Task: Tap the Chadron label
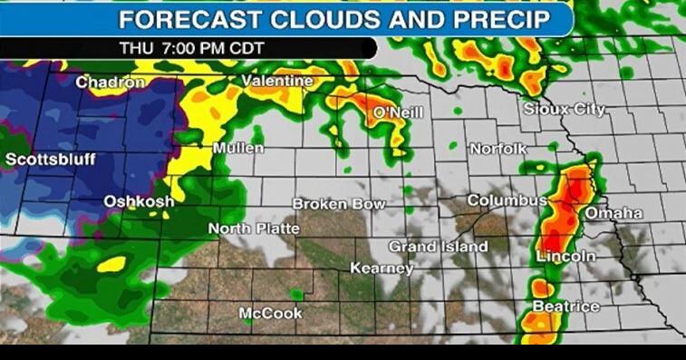[110, 83]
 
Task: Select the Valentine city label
[276, 82]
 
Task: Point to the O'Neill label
[398, 112]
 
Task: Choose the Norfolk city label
[498, 148]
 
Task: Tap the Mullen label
[238, 148]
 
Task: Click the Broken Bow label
[339, 204]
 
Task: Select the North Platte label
[254, 229]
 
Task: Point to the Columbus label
[507, 199]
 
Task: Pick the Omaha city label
[614, 213]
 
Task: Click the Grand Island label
[438, 246]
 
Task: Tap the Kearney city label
[382, 268]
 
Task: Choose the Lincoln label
[566, 257]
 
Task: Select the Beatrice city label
[565, 306]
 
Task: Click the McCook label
[270, 313]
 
